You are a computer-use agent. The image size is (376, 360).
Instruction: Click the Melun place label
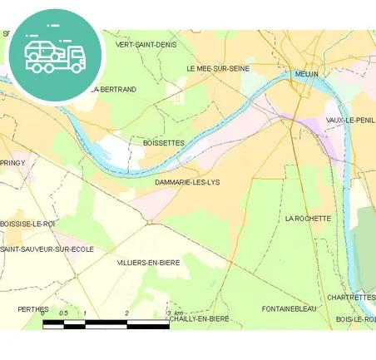307,74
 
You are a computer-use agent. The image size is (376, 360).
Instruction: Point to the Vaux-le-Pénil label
350,121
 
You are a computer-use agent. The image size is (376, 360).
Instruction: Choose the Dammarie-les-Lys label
187,181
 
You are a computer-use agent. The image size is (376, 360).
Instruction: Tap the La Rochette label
308,219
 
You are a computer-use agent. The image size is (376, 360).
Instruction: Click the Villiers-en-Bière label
149,262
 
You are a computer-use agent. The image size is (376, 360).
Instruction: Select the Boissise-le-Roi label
27,224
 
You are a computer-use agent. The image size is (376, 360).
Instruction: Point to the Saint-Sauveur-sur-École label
47,249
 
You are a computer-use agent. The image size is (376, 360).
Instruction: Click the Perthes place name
32,308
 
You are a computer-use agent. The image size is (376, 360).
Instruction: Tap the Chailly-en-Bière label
199,318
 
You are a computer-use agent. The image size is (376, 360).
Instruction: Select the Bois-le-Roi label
355,318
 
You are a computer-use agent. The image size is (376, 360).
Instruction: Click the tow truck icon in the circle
55,53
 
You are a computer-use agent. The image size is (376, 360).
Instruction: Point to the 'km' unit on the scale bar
178,313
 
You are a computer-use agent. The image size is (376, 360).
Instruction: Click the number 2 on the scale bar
126,313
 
